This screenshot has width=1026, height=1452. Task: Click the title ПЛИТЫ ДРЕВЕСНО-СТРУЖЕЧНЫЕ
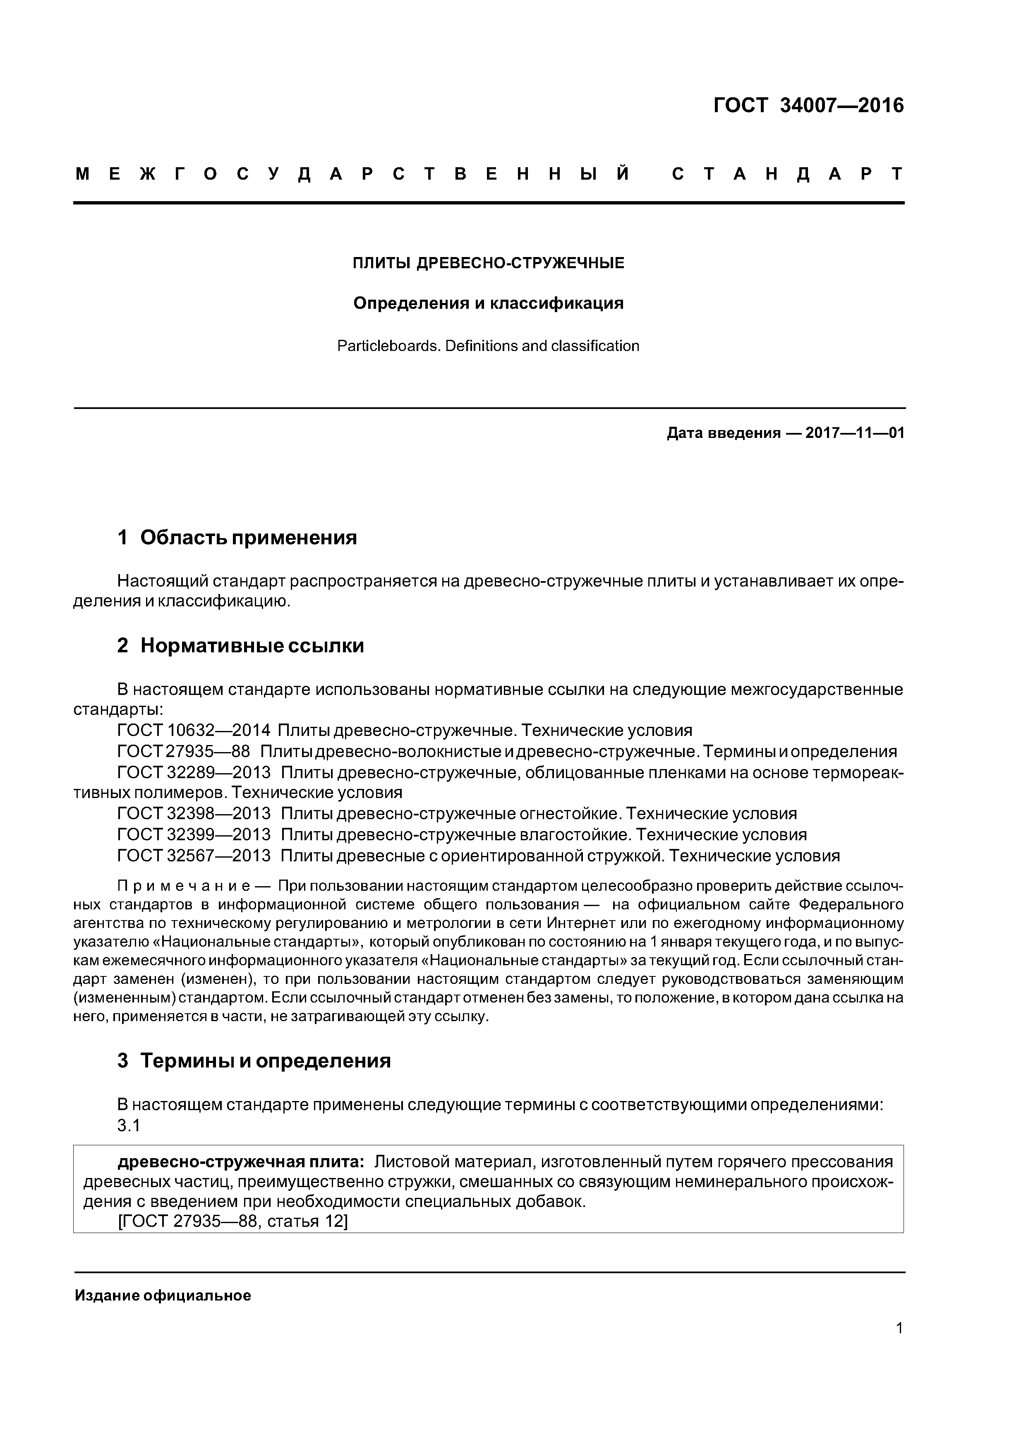(x=488, y=263)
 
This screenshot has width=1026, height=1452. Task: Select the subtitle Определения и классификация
(x=488, y=303)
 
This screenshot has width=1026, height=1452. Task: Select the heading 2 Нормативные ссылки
(x=240, y=646)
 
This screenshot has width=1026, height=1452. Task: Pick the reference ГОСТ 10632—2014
(x=194, y=731)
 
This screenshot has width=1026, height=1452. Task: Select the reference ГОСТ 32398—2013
(x=194, y=813)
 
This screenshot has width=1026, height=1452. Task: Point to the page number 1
(x=899, y=1346)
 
